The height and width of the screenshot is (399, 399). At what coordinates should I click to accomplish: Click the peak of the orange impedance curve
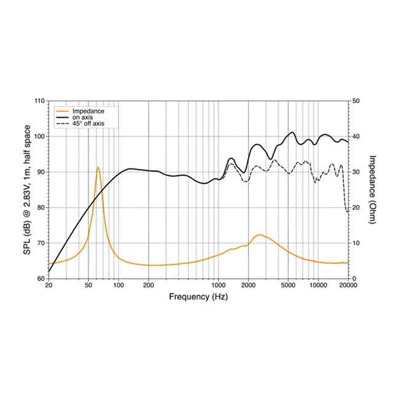(x=98, y=167)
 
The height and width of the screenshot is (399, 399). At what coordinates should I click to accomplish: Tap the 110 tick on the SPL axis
(x=39, y=101)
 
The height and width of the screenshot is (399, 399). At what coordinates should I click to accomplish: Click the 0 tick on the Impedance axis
(x=354, y=279)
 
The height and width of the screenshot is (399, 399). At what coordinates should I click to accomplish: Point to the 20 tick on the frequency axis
(x=48, y=285)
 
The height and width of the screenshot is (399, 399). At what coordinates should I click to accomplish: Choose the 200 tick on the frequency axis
(x=149, y=285)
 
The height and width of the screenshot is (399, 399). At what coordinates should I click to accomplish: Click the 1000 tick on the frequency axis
(x=219, y=285)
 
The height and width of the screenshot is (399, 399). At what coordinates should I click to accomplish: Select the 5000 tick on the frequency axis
(x=289, y=285)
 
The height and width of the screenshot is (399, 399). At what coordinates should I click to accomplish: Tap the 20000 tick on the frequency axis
(x=348, y=285)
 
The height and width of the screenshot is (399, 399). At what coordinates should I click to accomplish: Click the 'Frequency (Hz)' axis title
(x=198, y=296)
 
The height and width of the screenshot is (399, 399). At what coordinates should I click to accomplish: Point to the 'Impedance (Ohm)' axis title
(x=372, y=189)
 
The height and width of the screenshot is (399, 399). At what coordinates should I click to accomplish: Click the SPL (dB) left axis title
(x=29, y=189)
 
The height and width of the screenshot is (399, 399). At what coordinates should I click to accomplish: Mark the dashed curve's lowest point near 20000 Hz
(x=347, y=212)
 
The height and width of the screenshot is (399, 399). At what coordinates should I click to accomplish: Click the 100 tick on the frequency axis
(x=118, y=285)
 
